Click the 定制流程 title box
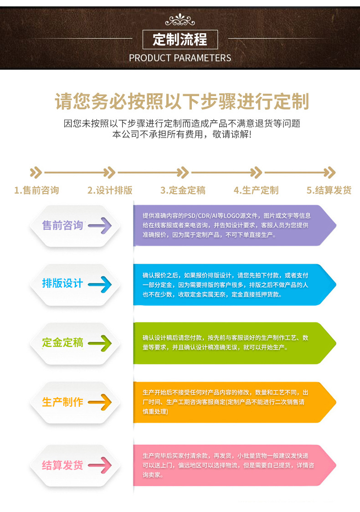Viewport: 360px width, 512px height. coord(180,40)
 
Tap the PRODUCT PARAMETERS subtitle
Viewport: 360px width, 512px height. coord(180,58)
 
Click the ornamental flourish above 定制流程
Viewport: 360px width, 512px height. coord(180,20)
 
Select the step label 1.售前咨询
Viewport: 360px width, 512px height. coord(36,190)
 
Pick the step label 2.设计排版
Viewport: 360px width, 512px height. coord(110,190)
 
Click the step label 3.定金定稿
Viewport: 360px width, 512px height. coord(183,190)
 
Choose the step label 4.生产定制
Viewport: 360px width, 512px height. coord(256,190)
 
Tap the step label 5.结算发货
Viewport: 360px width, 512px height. coord(329,190)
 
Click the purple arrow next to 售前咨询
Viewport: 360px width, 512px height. coord(100,225)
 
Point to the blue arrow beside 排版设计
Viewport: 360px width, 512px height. coord(100,284)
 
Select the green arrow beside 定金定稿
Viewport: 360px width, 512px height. coord(100,343)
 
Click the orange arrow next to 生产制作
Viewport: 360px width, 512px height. coord(100,402)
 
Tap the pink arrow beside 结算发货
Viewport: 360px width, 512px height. coord(100,465)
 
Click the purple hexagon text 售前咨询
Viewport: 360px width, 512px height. coord(62,225)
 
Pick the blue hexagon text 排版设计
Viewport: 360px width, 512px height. coord(62,283)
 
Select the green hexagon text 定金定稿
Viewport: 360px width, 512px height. coord(62,343)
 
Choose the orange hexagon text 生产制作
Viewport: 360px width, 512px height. coord(62,402)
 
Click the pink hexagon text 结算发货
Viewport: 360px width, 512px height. coord(62,465)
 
